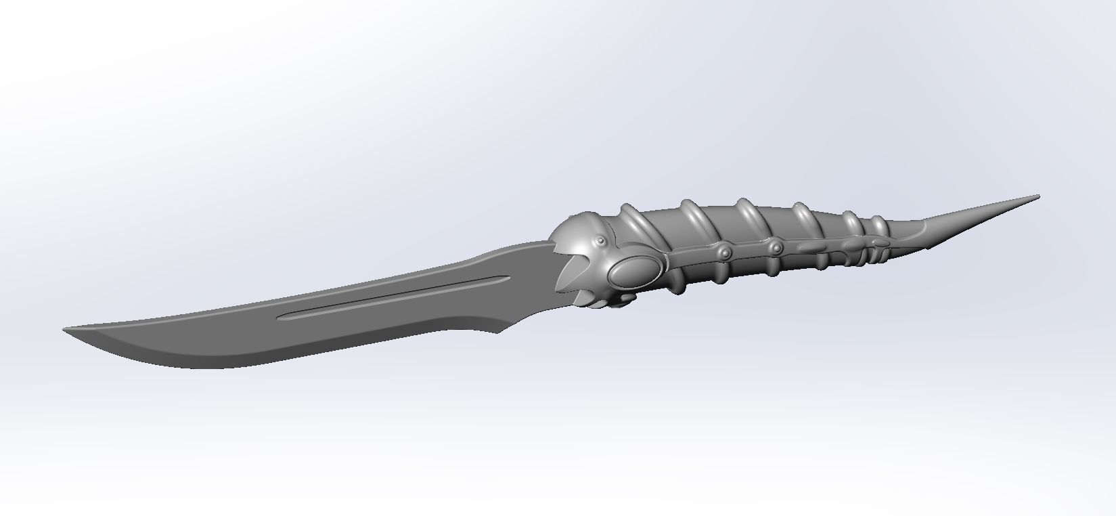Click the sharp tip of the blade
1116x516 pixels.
tap(66, 330)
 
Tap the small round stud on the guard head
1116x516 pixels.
tap(596, 242)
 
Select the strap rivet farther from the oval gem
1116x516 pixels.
tap(771, 244)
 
